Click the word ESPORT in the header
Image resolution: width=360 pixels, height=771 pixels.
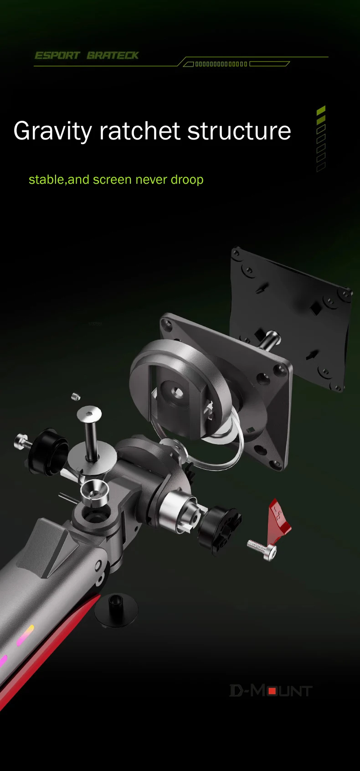[57, 56]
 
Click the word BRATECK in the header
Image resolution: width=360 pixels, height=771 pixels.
[113, 56]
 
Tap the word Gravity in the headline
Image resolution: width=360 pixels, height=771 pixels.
[52, 131]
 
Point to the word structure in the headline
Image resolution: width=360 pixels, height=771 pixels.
[239, 131]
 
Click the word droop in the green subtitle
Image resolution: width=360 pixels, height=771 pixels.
[187, 180]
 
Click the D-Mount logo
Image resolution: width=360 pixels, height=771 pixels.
[271, 691]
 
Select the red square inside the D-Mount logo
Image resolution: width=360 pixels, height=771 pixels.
[272, 691]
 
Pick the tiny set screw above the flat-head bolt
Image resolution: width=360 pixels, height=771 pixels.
[76, 397]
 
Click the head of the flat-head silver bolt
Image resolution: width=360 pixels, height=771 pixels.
[89, 414]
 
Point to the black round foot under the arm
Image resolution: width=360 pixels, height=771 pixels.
[116, 609]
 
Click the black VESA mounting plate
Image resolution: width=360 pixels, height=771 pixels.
[292, 315]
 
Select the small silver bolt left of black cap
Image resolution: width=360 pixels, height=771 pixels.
[21, 440]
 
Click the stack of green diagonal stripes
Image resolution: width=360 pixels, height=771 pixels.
[321, 139]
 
